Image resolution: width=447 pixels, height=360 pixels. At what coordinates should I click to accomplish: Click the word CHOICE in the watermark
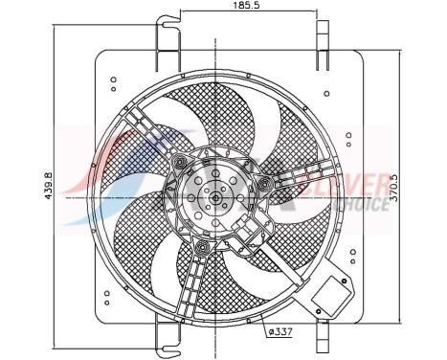362,202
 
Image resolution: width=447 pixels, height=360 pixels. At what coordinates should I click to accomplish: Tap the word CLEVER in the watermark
361,182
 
